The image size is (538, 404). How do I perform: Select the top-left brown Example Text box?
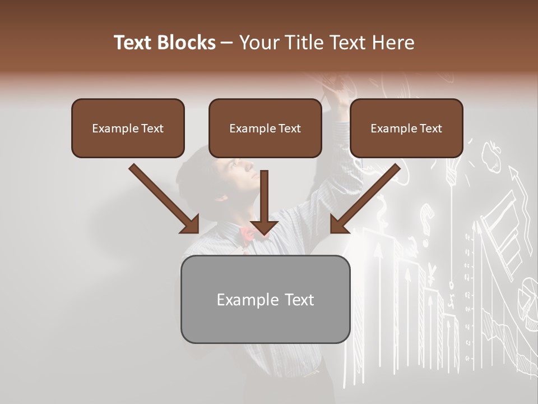(128, 128)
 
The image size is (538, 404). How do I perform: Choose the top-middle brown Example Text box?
(265, 128)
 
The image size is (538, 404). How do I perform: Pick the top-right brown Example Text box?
(406, 128)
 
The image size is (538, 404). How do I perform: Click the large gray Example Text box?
(265, 299)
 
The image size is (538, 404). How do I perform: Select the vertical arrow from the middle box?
(264, 202)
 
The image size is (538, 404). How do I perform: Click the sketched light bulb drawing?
(452, 168)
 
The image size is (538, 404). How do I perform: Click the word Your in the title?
(259, 43)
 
